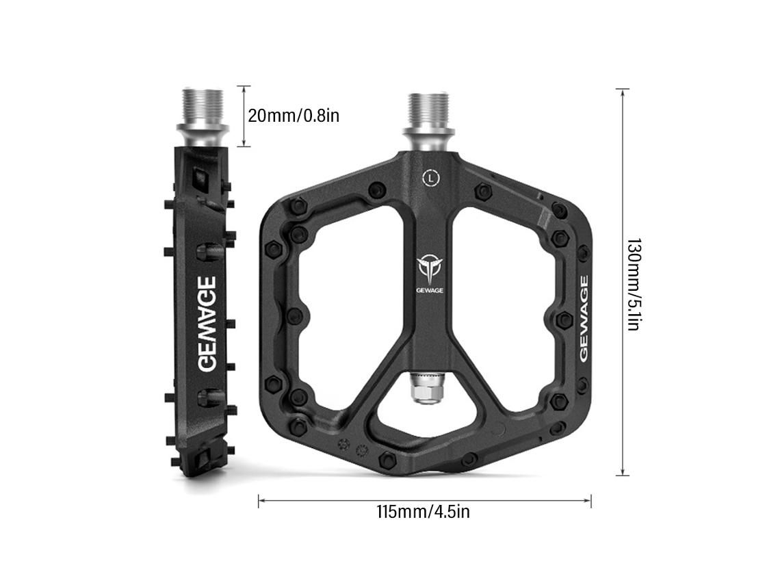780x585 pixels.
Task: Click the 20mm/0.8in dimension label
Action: [294, 116]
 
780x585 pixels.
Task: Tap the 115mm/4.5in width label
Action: [424, 511]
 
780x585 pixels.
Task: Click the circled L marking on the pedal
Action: [431, 178]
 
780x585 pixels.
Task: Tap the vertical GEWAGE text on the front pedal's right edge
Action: [584, 318]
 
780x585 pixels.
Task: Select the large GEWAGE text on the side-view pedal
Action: [207, 324]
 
